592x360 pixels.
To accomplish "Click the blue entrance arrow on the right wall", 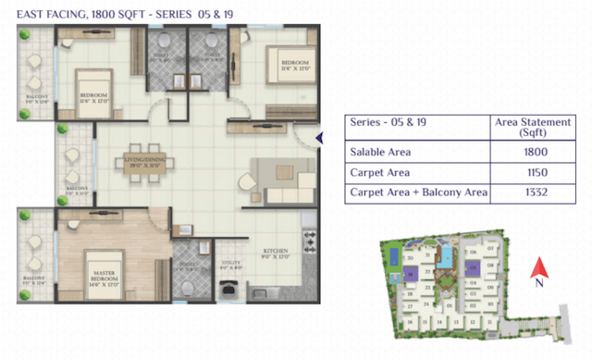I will coord(319,139).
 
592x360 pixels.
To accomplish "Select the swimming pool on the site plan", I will coord(447,253).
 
